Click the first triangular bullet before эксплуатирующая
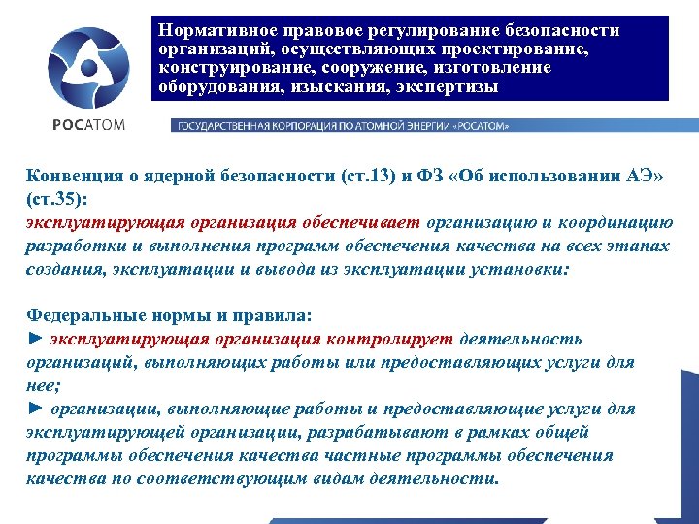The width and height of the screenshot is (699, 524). point(35,338)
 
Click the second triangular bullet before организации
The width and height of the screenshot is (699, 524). point(35,409)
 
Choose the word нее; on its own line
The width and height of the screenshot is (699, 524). point(44,384)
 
